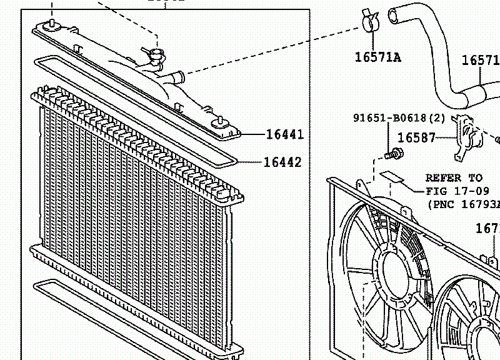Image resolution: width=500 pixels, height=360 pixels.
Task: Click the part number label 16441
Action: [x=284, y=134]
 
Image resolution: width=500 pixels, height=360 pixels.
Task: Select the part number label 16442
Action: [x=282, y=162]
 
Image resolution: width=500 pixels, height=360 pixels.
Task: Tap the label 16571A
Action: [x=377, y=58]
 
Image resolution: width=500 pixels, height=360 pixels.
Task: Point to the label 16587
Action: [x=416, y=137]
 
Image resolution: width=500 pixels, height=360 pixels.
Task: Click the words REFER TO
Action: [x=454, y=178]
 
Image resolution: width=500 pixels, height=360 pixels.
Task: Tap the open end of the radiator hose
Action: [x=394, y=12]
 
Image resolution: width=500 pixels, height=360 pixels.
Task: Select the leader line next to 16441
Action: [x=252, y=134]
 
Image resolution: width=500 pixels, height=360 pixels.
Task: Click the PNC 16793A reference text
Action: [x=464, y=204]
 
